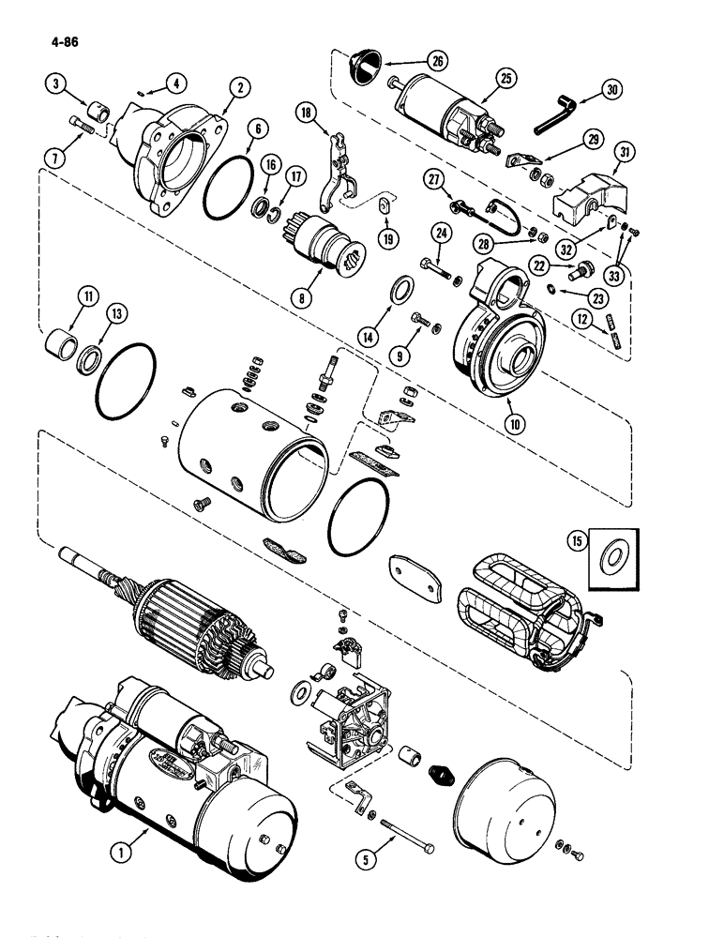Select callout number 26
point(437,60)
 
